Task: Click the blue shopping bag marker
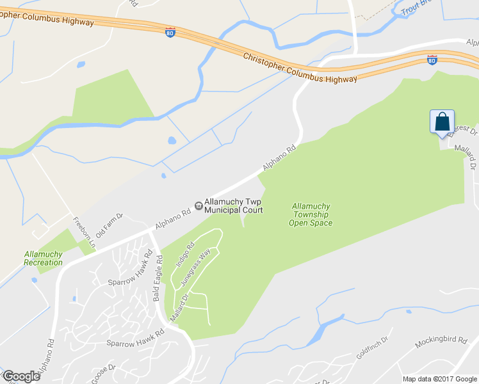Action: click(442, 122)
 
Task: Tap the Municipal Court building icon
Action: click(199, 205)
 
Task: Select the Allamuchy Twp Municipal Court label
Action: click(234, 205)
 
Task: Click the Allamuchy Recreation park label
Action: click(44, 258)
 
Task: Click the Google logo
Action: click(21, 376)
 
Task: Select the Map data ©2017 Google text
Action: click(440, 379)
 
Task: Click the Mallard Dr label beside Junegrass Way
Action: click(178, 308)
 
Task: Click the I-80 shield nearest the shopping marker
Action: click(432, 60)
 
